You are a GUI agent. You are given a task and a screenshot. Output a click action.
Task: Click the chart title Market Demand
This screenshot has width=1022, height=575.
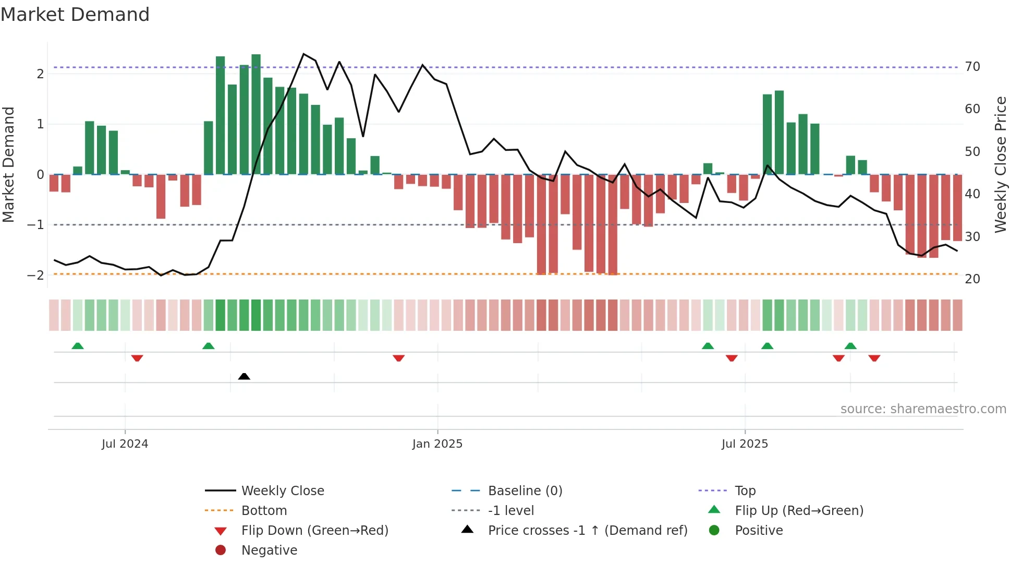[75, 15]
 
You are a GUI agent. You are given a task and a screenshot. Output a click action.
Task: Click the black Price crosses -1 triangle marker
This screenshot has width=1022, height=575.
[244, 376]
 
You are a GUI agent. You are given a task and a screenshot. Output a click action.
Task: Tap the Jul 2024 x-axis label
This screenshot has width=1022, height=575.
[125, 444]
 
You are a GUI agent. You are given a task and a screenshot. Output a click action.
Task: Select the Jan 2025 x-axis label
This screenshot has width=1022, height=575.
[437, 444]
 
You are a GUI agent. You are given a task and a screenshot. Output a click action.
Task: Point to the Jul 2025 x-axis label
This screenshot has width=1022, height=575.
[745, 444]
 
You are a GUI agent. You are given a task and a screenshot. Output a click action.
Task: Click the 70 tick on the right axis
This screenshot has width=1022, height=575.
[972, 67]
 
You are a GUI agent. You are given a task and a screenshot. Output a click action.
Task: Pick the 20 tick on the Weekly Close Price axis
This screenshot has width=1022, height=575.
[972, 279]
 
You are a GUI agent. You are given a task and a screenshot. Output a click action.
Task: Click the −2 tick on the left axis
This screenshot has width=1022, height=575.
[35, 275]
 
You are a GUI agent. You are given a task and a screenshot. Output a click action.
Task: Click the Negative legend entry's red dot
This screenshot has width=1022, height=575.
[221, 550]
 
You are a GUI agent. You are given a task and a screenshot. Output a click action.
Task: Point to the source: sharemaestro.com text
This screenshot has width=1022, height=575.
[923, 409]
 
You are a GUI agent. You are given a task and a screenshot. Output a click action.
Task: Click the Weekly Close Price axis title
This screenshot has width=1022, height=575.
[1000, 164]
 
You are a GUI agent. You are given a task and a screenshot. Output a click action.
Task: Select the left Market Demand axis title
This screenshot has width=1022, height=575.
[9, 164]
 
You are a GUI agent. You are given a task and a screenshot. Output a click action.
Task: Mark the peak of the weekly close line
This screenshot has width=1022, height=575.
[303, 54]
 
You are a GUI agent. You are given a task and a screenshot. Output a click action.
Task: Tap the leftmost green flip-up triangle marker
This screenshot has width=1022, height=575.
[78, 346]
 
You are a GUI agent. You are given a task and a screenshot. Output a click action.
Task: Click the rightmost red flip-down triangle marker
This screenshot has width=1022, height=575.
[874, 358]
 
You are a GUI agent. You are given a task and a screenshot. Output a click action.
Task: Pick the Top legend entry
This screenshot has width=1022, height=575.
[745, 491]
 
